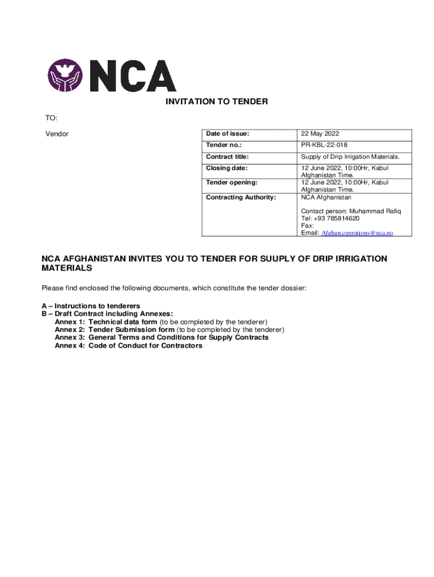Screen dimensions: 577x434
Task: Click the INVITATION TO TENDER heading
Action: (216, 102)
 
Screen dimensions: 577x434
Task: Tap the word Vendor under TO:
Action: (57, 134)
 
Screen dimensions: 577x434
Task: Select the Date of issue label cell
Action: (227, 134)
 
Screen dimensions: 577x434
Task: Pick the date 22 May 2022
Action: (320, 134)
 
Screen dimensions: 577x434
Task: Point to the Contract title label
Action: (227, 157)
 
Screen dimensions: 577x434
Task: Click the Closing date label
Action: (227, 168)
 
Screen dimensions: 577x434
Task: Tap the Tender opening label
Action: (231, 183)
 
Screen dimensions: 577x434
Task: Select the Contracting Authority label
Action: (241, 197)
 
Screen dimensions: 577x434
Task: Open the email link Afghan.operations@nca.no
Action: (357, 233)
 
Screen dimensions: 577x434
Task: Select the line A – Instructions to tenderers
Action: (91, 306)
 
